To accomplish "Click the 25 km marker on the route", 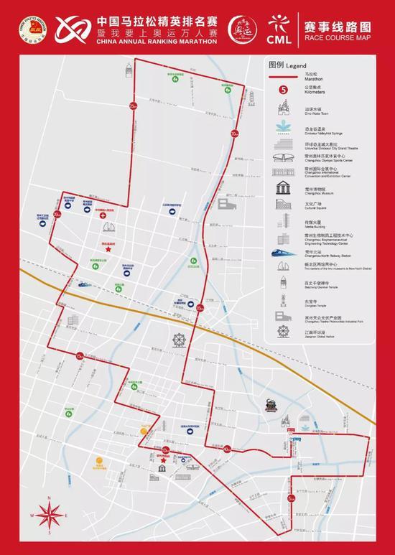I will (x=133, y=106).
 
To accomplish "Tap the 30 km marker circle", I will (x=234, y=133).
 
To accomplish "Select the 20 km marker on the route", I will (x=57, y=214).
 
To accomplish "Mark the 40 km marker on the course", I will (x=226, y=449).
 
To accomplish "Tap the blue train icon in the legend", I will (x=283, y=252).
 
